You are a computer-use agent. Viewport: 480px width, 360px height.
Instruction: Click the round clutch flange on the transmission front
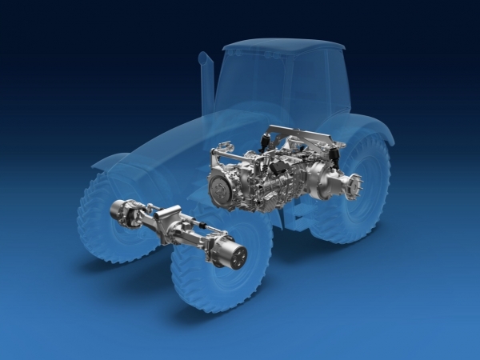coord(223,190)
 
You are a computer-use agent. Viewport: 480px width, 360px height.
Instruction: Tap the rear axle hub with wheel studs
coord(353,186)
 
